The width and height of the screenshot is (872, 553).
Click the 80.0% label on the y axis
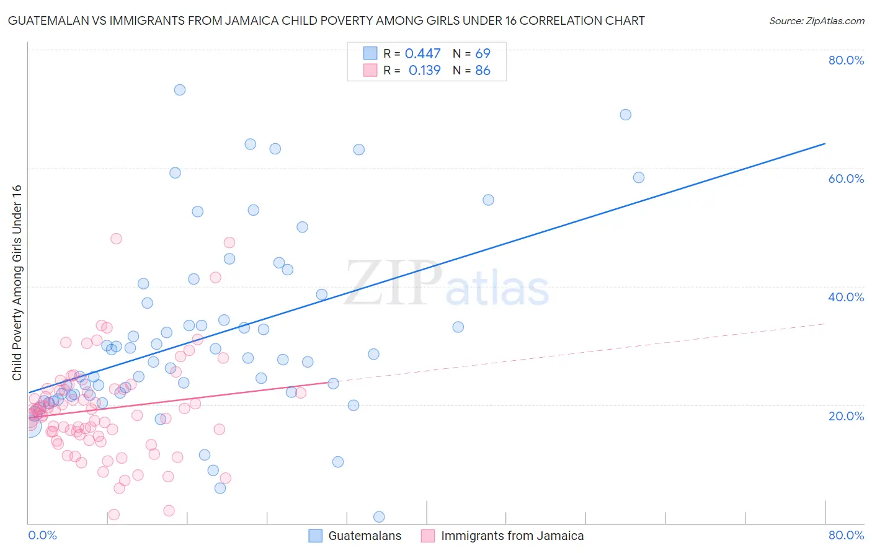(846, 60)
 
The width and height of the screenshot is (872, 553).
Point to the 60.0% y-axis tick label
(846, 179)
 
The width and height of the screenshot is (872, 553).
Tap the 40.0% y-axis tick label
(846, 297)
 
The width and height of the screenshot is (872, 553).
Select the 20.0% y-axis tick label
(846, 415)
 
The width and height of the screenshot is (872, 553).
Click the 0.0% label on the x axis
(42, 535)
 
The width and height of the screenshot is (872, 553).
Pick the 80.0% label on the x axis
(846, 535)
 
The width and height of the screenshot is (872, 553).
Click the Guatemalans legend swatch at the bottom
(316, 536)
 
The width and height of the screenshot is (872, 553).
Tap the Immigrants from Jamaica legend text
(512, 536)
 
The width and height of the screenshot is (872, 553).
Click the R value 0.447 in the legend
(422, 54)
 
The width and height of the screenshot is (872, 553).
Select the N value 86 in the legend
(483, 71)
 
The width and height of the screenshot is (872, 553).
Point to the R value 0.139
(424, 71)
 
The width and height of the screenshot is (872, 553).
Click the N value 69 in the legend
(483, 54)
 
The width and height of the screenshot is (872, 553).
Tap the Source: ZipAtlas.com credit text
(816, 20)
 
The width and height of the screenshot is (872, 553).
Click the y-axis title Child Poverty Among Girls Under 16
(17, 283)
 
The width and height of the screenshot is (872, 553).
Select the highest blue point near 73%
(180, 90)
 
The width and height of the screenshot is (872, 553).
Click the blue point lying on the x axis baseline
(379, 517)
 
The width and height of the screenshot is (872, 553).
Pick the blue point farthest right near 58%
(639, 177)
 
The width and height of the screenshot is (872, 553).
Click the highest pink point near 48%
(116, 239)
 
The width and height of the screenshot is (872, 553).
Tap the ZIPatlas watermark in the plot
(447, 285)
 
